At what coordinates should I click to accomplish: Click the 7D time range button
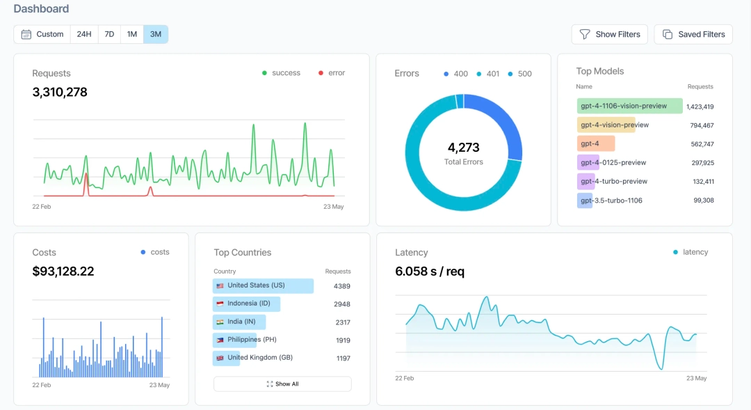109,34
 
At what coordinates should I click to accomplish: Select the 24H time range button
83,34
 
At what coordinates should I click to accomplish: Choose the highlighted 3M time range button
156,34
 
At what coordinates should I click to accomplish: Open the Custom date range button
42,34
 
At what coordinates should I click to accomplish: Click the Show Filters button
609,34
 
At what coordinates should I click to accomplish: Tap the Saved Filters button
693,34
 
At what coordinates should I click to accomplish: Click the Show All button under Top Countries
282,384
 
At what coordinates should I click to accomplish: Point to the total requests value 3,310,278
60,92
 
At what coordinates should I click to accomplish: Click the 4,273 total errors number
463,148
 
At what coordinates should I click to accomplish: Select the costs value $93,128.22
63,271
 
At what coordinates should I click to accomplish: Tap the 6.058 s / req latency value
430,271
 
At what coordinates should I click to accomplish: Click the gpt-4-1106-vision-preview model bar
629,106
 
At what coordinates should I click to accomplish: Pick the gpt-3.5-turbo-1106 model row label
611,200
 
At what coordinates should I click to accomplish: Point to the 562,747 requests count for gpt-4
700,144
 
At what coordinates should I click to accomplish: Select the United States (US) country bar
263,285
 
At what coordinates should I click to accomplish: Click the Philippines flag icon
220,340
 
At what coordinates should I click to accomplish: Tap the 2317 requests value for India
341,322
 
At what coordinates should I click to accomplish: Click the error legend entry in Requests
332,73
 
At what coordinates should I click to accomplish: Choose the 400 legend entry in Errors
455,74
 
